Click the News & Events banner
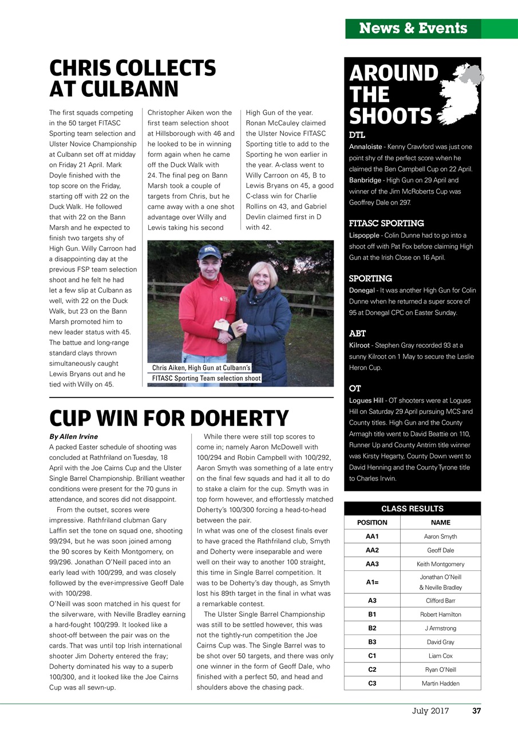pyautogui.click(x=413, y=28)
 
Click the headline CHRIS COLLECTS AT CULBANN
pyautogui.click(x=132, y=78)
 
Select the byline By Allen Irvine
pyautogui.click(x=73, y=436)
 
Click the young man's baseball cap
pyautogui.click(x=209, y=251)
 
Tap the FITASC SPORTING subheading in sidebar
pyautogui.click(x=386, y=223)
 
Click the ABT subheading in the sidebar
pyautogui.click(x=357, y=333)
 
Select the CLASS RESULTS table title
pyautogui.click(x=412, y=509)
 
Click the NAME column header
pyautogui.click(x=440, y=522)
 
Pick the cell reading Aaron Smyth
pyautogui.click(x=440, y=537)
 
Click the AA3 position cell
pyautogui.click(x=372, y=564)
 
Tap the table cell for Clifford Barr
pyautogui.click(x=440, y=601)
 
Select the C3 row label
pyautogui.click(x=372, y=683)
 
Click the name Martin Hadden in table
pyautogui.click(x=440, y=683)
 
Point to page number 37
pyautogui.click(x=476, y=711)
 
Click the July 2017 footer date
pyautogui.click(x=430, y=711)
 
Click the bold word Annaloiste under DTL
pyautogui.click(x=366, y=147)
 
